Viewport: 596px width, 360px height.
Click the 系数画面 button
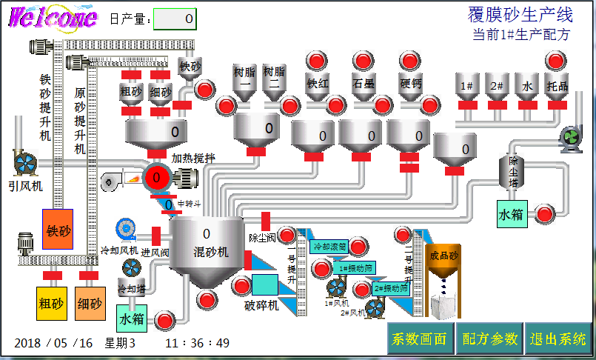[x=420, y=339]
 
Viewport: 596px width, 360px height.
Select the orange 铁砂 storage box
[x=57, y=232]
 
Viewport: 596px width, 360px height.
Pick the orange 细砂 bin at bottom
[x=90, y=303]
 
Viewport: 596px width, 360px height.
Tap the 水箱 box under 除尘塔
[x=511, y=214]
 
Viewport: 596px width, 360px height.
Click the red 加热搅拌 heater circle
[x=156, y=177]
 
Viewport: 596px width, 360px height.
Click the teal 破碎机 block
[x=264, y=284]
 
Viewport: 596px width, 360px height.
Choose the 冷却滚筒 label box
[x=330, y=247]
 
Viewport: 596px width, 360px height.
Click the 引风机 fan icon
[x=25, y=164]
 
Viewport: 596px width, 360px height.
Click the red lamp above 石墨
[x=364, y=60]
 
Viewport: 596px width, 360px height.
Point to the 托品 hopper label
[x=557, y=86]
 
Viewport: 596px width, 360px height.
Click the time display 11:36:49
[x=197, y=343]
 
